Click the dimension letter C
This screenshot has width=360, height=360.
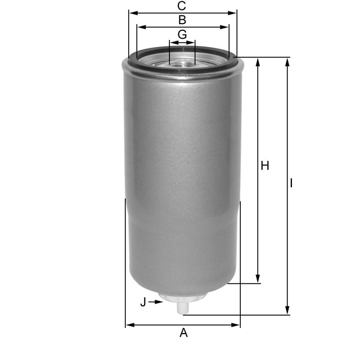181,6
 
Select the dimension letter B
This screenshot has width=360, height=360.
182,20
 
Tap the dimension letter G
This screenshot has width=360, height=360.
182,34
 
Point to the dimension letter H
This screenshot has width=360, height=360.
265,166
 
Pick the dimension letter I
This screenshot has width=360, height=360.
291,183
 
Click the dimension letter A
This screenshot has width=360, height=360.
183,333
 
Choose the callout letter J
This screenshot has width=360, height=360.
143,302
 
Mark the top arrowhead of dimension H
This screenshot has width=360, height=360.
258,61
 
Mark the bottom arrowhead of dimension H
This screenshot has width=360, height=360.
258,280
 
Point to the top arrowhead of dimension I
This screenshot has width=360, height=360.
287,61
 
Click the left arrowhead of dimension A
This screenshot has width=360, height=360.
129,325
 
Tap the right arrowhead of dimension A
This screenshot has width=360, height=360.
236,325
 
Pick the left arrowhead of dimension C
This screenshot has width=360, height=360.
132,12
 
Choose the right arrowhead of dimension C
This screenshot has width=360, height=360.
233,12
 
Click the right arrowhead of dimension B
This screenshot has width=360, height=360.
226,26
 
